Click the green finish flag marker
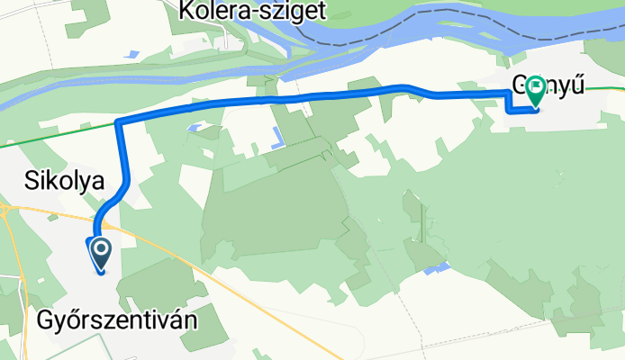(537, 88)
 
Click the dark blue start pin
(99, 252)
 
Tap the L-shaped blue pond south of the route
(276, 139)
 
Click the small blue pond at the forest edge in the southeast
(437, 268)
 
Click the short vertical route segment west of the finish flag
(507, 103)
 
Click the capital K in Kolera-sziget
(187, 12)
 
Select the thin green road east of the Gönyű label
(608, 88)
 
